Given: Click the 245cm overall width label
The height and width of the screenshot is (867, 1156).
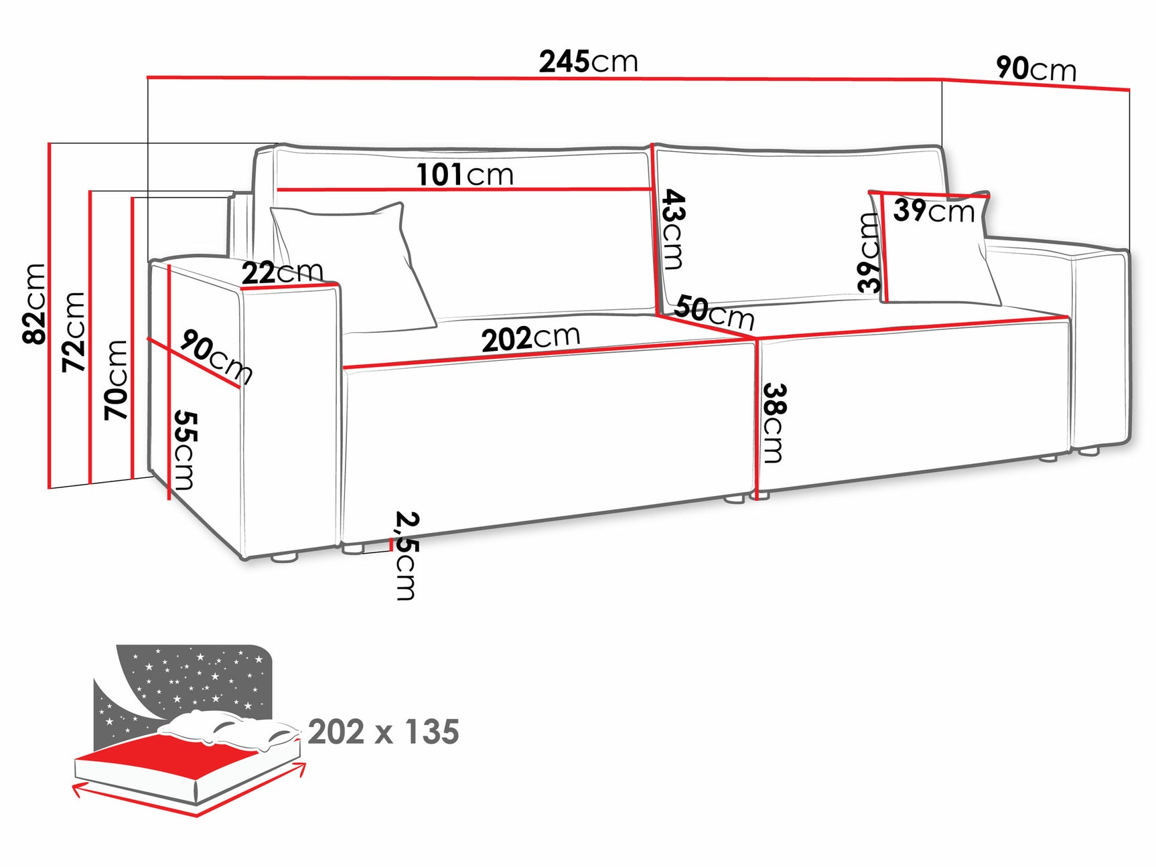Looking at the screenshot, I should point(588,62).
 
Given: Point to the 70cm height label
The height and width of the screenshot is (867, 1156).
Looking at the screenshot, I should point(116,380).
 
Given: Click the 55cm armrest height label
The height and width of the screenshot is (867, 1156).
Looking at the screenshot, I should point(184,449).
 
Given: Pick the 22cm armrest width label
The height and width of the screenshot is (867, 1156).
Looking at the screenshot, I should point(282,272).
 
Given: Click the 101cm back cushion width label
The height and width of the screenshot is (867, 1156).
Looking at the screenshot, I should point(465,175).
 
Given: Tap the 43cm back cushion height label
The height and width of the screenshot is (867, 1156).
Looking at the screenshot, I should point(672,230).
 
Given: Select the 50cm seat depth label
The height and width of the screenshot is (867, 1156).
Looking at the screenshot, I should point(714,312).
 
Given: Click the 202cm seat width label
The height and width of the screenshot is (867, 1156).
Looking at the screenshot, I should point(530,338).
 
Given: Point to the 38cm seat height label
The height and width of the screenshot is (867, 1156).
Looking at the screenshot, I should point(774,422).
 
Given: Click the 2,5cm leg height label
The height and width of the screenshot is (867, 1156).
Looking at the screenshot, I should point(406,556).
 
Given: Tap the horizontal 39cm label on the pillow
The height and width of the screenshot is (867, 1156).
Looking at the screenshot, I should point(934,211).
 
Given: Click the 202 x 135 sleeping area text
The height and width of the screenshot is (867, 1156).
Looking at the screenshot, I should point(383,732).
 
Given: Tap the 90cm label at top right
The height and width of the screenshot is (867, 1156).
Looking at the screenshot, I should point(1035,69).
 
